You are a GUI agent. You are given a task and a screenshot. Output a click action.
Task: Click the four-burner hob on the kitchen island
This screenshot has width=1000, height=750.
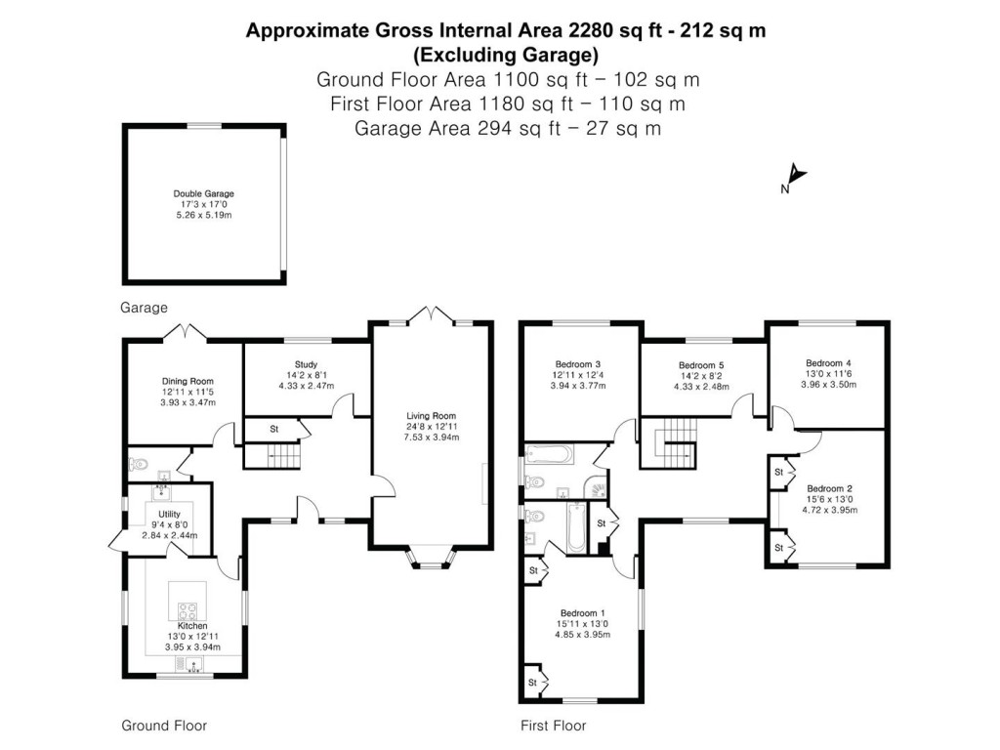[x=187, y=609]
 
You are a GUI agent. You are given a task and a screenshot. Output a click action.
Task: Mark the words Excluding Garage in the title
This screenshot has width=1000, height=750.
[x=506, y=55]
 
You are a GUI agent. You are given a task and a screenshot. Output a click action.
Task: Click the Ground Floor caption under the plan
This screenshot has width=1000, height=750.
[x=163, y=726]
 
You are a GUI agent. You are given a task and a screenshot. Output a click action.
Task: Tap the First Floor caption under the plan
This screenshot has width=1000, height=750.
[x=553, y=726]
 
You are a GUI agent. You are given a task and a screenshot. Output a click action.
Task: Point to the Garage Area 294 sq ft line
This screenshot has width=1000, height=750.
[x=506, y=128]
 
